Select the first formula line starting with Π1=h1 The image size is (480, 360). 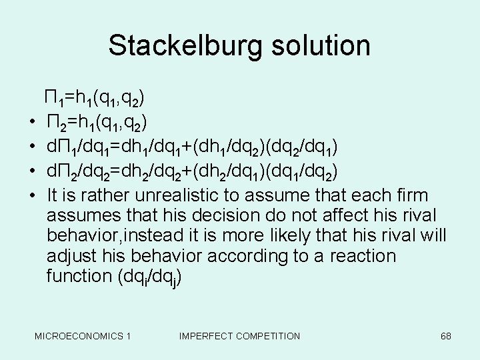pos(94,99)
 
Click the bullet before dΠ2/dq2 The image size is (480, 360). pos(32,171)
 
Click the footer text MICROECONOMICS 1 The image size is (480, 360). pos(83,336)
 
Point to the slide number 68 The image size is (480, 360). pos(446,336)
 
